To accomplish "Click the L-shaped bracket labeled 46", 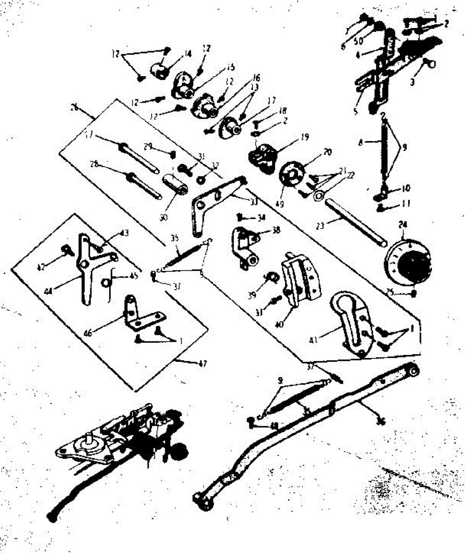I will pyautogui.click(x=138, y=315).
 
